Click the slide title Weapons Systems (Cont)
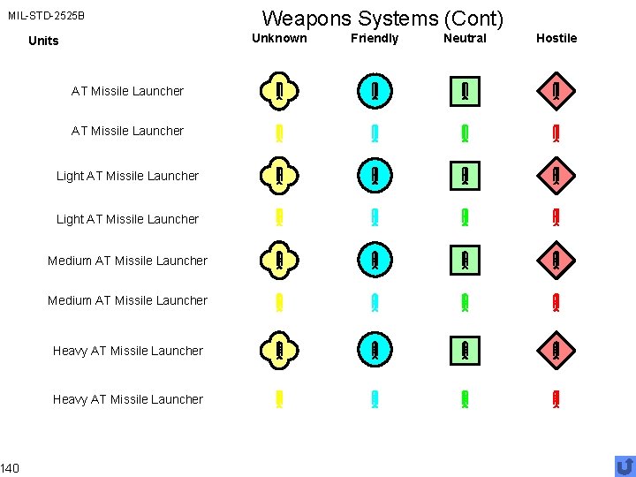click(382, 18)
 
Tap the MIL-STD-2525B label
click(46, 16)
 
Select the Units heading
click(43, 41)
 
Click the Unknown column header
click(279, 38)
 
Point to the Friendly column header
click(375, 38)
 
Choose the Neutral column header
click(465, 38)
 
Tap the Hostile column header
click(556, 38)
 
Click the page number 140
click(10, 466)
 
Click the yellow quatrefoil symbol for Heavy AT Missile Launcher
click(279, 352)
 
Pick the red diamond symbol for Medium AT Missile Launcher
click(556, 261)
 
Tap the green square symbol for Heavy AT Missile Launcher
click(465, 352)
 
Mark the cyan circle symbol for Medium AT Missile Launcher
click(375, 261)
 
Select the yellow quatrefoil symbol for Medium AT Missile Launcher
click(279, 261)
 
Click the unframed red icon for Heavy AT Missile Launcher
click(556, 399)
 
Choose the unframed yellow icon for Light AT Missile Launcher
click(279, 218)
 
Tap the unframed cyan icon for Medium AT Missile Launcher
click(375, 301)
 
